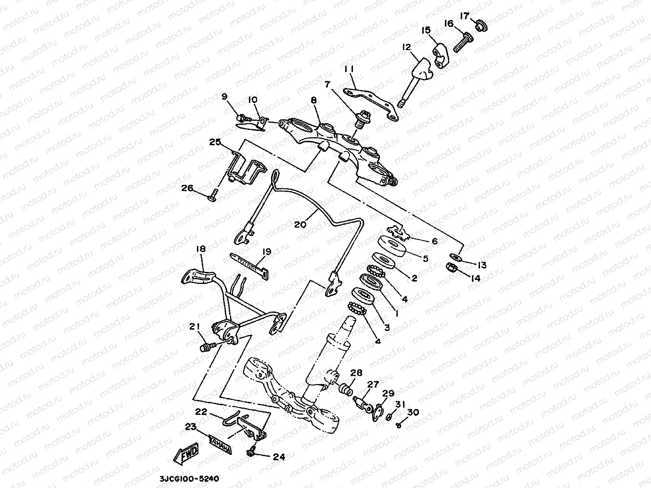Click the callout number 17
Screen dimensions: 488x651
(464, 16)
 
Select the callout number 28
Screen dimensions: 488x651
(356, 372)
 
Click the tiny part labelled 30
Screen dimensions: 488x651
(399, 425)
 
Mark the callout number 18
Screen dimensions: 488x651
(201, 249)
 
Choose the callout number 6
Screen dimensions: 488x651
(434, 241)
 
